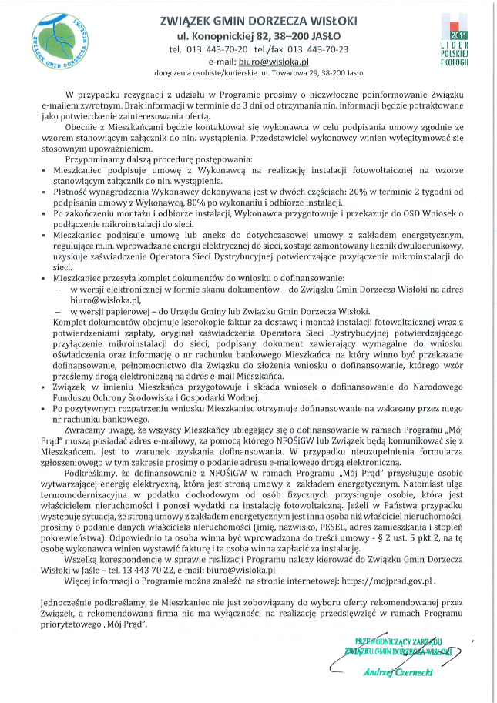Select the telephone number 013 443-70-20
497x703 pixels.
pyautogui.click(x=221, y=49)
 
